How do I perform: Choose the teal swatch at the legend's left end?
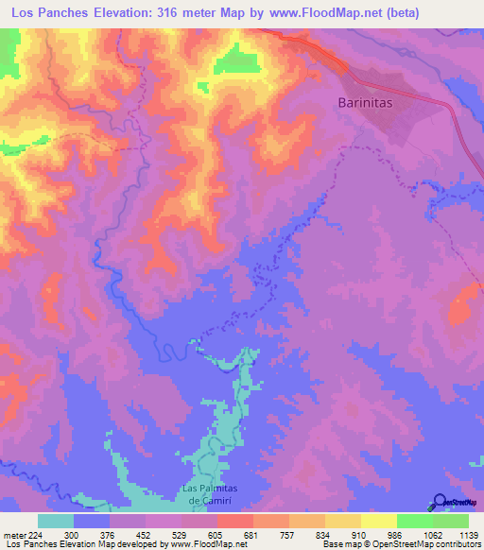[x=55, y=521]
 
